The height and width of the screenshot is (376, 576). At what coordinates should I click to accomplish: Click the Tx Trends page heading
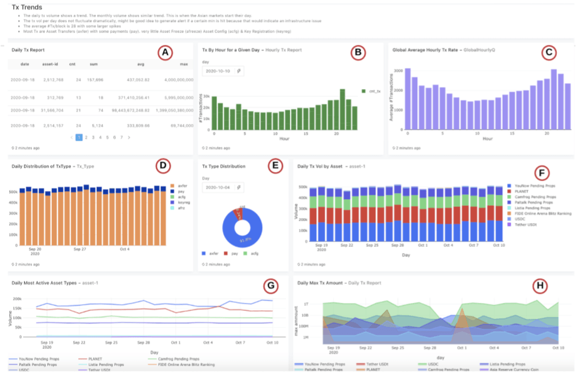pyautogui.click(x=27, y=7)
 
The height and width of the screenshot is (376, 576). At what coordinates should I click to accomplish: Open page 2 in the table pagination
pyautogui.click(x=86, y=138)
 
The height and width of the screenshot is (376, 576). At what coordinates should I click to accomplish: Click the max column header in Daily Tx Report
pyautogui.click(x=184, y=64)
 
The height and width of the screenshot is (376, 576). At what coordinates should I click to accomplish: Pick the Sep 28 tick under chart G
pyautogui.click(x=143, y=342)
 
